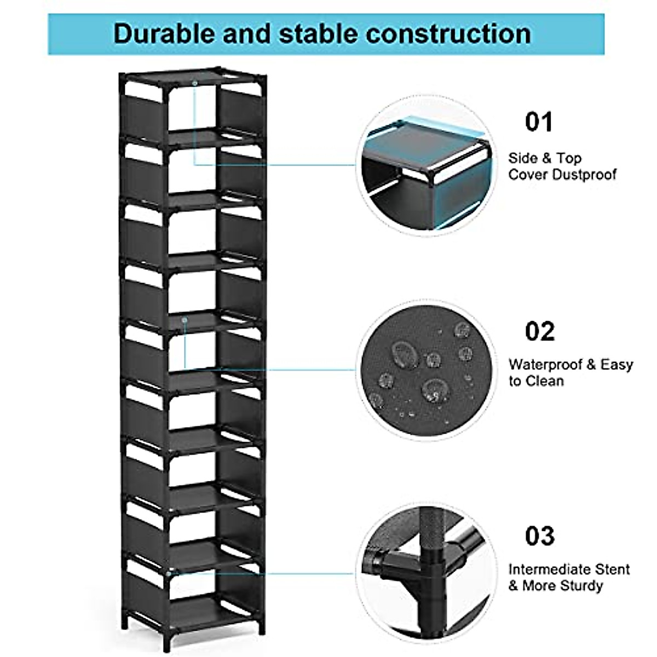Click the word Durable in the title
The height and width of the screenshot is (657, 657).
(x=164, y=33)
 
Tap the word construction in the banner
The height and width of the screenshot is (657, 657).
(x=448, y=33)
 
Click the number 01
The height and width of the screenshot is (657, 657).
(x=539, y=122)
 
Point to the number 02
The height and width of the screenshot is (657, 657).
(x=540, y=331)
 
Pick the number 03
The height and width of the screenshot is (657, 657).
(x=540, y=536)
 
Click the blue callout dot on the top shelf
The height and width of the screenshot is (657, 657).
(x=194, y=83)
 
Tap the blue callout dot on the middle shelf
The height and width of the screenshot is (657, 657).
(x=185, y=319)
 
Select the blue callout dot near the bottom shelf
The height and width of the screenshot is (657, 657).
(x=176, y=572)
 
